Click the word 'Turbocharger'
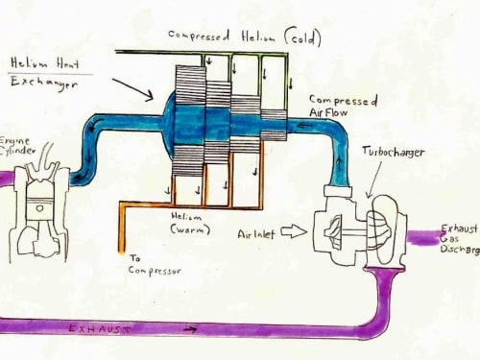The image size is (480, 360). tap(394, 152)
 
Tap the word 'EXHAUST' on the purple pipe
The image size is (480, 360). tap(100, 328)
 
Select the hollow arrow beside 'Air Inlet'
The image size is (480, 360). tap(294, 231)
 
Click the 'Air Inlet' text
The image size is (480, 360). tap(256, 234)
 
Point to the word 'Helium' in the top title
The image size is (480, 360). tap(258, 36)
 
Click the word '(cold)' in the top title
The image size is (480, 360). tap(302, 38)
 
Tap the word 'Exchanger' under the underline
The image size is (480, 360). tap(44, 84)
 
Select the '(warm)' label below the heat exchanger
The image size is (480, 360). tap(190, 229)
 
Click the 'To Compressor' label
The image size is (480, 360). tap(155, 265)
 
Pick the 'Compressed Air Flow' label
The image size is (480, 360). tap(344, 106)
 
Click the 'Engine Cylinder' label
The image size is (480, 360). tap(16, 146)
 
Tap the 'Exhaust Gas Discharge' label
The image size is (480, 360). tap(460, 239)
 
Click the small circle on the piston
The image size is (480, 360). tap(39, 208)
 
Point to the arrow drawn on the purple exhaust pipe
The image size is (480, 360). tap(190, 329)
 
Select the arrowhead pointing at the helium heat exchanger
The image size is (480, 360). tap(150, 96)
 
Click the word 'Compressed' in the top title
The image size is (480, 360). tap(199, 36)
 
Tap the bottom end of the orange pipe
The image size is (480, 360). tap(122, 252)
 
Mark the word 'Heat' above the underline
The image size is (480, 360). tap(68, 63)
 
